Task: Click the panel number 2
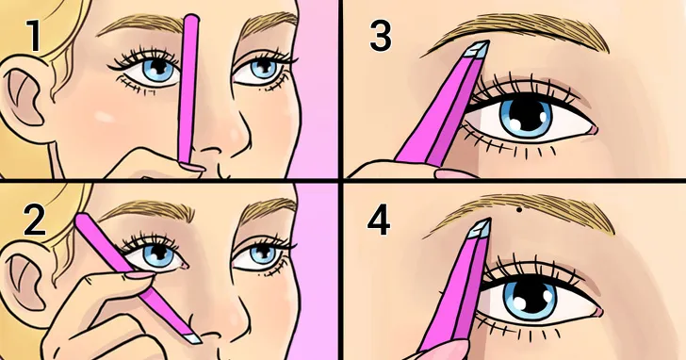(34, 221)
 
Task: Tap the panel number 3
(380, 36)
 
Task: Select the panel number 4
(379, 221)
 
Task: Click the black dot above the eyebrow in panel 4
(519, 210)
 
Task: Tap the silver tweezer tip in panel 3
(477, 49)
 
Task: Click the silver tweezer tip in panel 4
(480, 228)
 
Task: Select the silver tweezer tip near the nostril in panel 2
(192, 338)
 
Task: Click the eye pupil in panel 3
(527, 115)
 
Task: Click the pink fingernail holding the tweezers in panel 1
(191, 167)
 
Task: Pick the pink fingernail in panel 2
(140, 274)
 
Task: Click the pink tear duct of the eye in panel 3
(593, 129)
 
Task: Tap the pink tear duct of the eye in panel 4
(597, 312)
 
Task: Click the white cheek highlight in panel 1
(104, 117)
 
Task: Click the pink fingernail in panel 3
(455, 174)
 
